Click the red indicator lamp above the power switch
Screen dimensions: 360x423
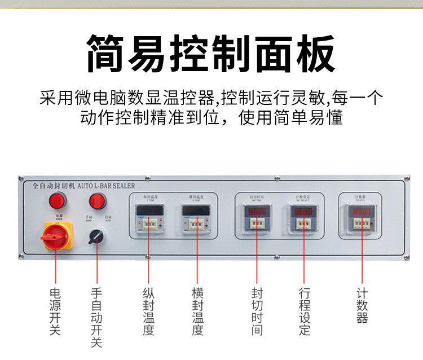tap(56, 200)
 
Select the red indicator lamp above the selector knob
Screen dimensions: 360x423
tap(97, 200)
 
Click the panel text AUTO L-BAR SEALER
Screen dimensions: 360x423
tap(105, 185)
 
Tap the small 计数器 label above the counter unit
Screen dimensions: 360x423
tap(360, 197)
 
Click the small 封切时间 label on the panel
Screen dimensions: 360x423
tap(257, 197)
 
